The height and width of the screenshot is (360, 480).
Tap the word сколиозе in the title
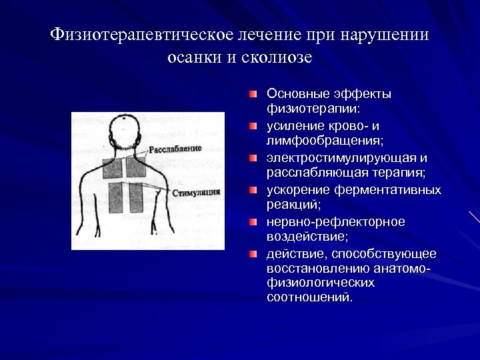coord(279,57)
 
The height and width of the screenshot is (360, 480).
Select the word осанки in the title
coord(191,57)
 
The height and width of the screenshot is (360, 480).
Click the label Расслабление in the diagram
coord(175,148)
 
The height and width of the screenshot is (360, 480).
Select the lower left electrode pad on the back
coord(116,197)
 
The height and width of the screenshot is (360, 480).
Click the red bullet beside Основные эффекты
coord(253,94)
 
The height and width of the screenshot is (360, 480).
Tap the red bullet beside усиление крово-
coord(253,126)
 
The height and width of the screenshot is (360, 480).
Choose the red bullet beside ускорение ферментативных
coord(253,190)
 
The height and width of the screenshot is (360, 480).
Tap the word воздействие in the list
coord(305,237)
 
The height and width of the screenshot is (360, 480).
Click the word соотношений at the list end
coord(309,297)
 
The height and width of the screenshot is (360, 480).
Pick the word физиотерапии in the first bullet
coord(312,109)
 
